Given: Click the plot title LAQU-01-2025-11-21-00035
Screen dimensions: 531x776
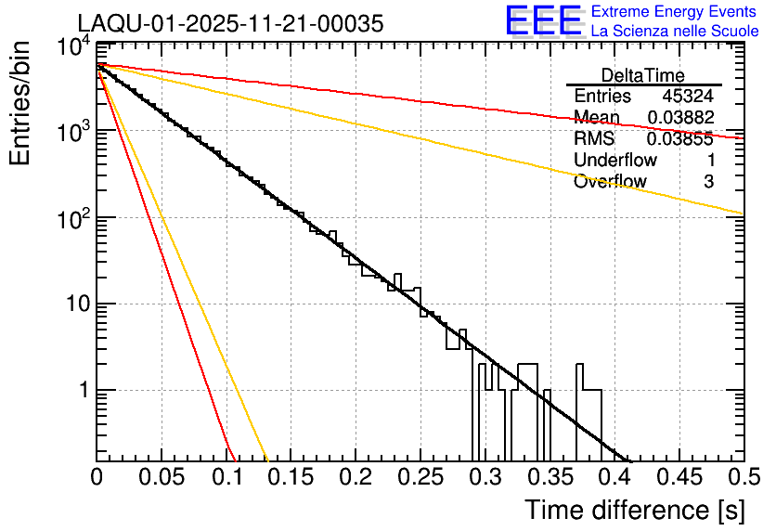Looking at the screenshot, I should point(229,24).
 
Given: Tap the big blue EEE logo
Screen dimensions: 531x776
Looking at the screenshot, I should point(544,21).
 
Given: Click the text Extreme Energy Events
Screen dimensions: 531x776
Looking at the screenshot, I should point(674,12).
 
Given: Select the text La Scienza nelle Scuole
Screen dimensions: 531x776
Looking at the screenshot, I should point(674,32).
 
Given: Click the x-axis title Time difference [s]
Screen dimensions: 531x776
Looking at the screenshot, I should point(634,510).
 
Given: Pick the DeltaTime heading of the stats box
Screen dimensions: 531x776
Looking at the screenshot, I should point(643,75).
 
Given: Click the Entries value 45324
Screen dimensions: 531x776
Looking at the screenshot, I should point(688,97).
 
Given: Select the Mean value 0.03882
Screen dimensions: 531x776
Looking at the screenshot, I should point(680,118).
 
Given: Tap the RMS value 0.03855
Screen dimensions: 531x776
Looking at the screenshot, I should point(680,139).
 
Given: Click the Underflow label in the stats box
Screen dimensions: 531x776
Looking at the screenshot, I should point(615,161).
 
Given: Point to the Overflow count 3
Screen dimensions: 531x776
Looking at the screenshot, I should point(708,182).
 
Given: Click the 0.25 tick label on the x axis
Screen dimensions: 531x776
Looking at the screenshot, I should point(420,477).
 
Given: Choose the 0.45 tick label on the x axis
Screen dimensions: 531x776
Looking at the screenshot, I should point(678,477).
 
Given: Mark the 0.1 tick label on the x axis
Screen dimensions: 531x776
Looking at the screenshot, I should point(226,477).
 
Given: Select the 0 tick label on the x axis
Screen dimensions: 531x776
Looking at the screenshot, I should point(97,477).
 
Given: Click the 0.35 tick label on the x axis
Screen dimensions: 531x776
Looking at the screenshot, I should point(549,477).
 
